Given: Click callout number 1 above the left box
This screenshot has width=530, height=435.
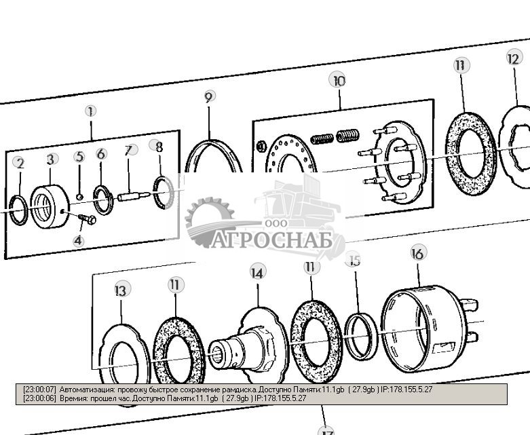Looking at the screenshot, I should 90,111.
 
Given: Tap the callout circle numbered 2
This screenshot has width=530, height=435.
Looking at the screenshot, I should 20,163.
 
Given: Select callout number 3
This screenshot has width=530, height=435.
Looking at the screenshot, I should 51,159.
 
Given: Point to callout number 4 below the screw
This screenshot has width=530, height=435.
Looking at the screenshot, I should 79,240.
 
